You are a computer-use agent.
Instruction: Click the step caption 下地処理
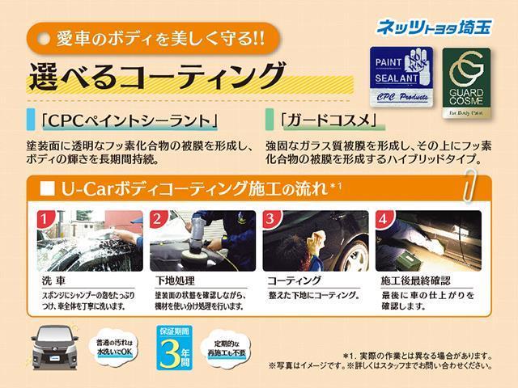click(175, 281)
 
